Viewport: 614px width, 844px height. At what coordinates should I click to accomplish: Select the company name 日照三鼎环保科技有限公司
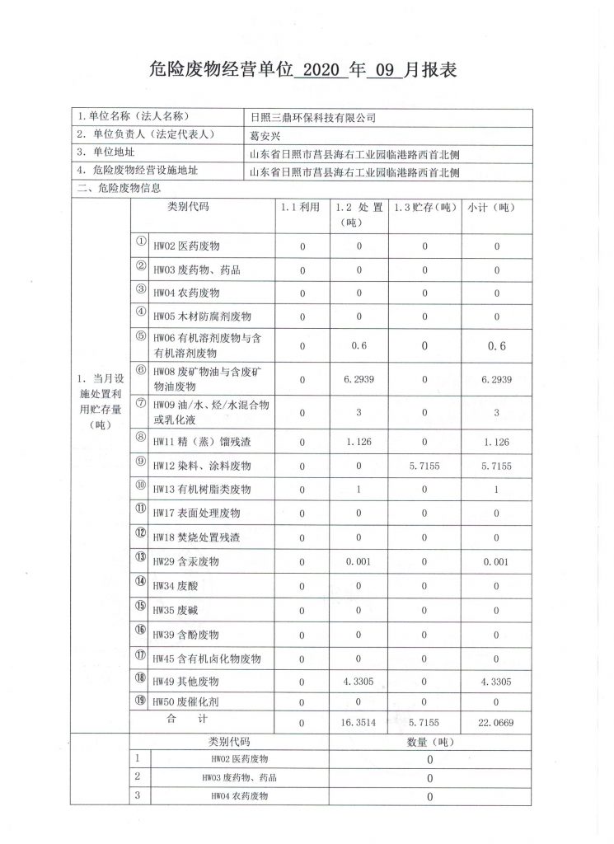point(312,118)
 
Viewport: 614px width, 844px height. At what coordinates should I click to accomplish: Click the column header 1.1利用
point(301,208)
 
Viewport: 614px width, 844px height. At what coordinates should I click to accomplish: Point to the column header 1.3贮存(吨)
point(424,208)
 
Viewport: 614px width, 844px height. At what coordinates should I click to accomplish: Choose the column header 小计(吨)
point(497,208)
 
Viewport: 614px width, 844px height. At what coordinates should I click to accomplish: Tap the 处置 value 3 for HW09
point(359,411)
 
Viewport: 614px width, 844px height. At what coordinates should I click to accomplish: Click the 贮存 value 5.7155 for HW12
point(424,466)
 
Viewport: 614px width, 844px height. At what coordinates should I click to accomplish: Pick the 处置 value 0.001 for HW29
point(359,562)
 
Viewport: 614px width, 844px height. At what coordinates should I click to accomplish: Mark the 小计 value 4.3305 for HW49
point(497,682)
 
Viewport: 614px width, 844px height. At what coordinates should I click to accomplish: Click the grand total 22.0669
point(497,723)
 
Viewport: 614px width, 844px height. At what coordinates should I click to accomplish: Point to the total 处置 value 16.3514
point(359,723)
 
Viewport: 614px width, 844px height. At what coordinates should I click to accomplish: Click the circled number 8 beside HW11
point(141,439)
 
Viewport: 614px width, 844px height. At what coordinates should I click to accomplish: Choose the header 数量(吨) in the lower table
point(429,742)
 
